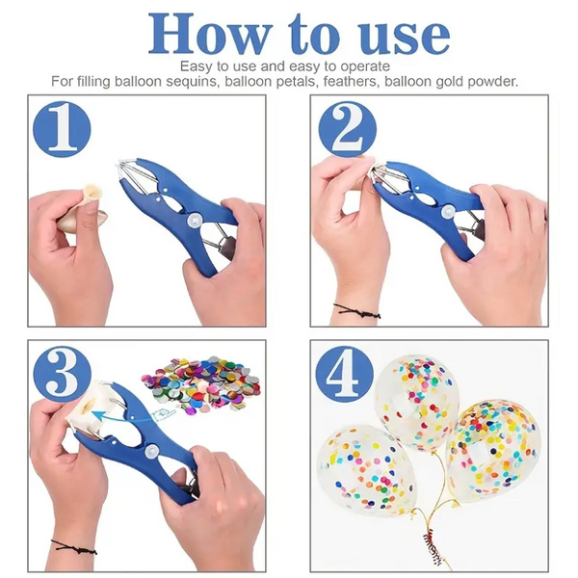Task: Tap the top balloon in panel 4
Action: (417, 397)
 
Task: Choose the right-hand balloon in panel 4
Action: (493, 449)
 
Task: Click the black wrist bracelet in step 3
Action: (73, 547)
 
